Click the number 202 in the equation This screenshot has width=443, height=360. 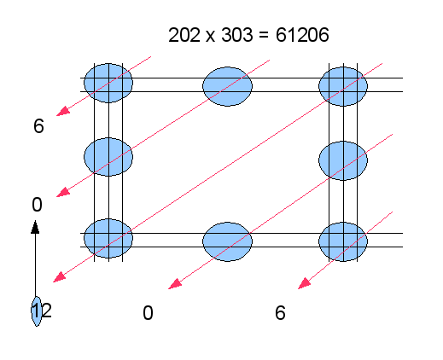(x=184, y=35)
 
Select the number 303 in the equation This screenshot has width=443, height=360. (x=237, y=35)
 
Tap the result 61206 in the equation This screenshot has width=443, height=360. (x=302, y=35)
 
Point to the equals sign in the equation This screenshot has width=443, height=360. (x=264, y=35)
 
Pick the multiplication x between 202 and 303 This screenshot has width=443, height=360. (x=210, y=37)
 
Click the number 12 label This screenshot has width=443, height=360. (x=42, y=311)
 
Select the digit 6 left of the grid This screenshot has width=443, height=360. (x=38, y=126)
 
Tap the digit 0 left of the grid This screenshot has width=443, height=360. (x=37, y=205)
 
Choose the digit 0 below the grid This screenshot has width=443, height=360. (x=148, y=313)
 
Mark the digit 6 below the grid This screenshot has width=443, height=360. (x=280, y=313)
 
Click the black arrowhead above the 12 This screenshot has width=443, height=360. (x=35, y=227)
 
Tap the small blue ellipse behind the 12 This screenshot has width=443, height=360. (x=36, y=311)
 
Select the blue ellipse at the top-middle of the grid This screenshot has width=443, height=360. (x=227, y=86)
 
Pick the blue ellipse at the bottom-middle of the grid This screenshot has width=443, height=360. (x=227, y=241)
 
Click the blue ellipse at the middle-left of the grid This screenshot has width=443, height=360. (x=108, y=157)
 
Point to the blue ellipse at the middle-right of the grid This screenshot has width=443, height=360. (x=343, y=160)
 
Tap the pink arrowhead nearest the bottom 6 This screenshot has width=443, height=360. (x=305, y=284)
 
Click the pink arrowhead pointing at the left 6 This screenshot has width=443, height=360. (x=63, y=111)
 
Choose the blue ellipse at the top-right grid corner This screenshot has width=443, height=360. (x=343, y=86)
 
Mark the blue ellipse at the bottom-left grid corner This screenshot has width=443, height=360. (x=108, y=238)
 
